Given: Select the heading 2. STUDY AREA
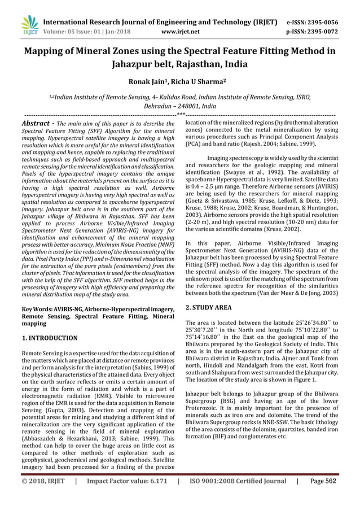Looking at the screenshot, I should click(208, 308).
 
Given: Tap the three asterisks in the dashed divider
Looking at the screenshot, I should click(181, 115).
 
